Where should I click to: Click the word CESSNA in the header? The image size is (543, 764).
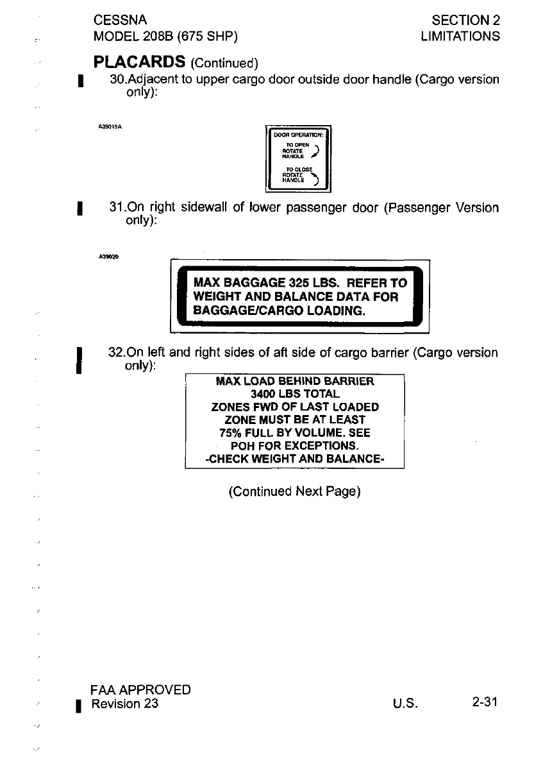pyautogui.click(x=120, y=21)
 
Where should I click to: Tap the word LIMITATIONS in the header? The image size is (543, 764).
pyautogui.click(x=460, y=37)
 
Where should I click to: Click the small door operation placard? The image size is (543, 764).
pyautogui.click(x=298, y=158)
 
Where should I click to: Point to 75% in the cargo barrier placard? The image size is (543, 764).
pyautogui.click(x=230, y=432)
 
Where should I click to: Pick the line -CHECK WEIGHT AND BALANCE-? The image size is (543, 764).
pyautogui.click(x=294, y=459)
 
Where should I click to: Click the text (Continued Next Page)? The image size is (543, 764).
pyautogui.click(x=294, y=492)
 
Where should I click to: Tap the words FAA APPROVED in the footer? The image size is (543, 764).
pyautogui.click(x=141, y=690)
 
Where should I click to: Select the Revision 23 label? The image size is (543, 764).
pyautogui.click(x=125, y=704)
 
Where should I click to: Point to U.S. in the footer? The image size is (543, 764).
pyautogui.click(x=406, y=704)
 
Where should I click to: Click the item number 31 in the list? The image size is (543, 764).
pyautogui.click(x=117, y=208)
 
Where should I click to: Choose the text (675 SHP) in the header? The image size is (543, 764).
pyautogui.click(x=207, y=37)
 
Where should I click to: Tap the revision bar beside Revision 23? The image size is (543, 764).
pyautogui.click(x=78, y=707)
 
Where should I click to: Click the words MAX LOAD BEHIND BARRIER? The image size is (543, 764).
pyautogui.click(x=294, y=381)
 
